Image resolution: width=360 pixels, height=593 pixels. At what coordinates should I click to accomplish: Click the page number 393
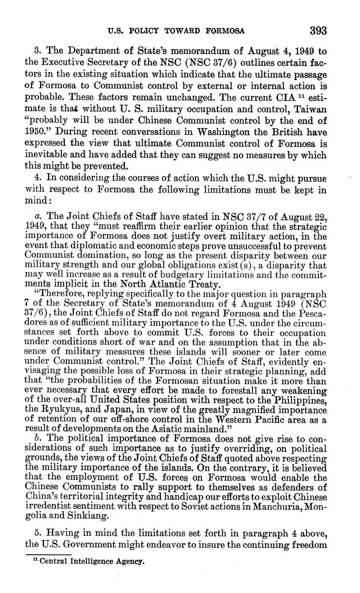(317, 31)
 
